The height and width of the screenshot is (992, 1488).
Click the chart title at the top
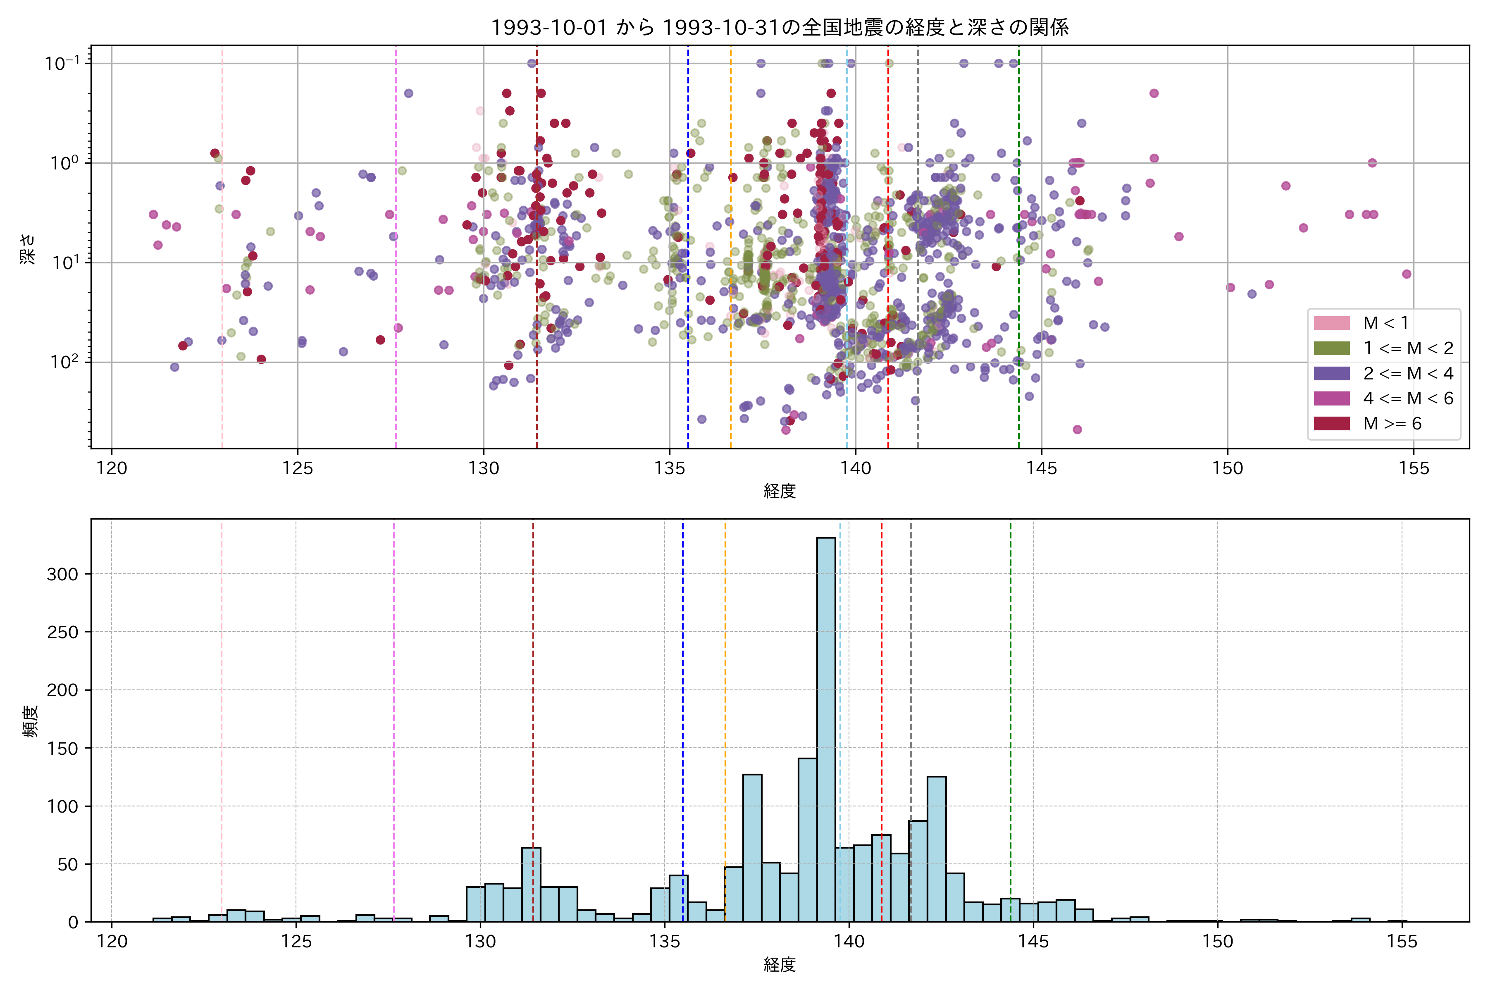click(x=780, y=27)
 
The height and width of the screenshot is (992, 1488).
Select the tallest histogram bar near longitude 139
click(x=825, y=727)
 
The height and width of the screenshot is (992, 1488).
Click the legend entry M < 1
click(x=1385, y=323)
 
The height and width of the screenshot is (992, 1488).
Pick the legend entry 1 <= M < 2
click(x=1408, y=348)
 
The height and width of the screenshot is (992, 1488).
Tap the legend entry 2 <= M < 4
click(x=1408, y=373)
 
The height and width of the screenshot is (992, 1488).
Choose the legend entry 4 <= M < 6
click(x=1408, y=398)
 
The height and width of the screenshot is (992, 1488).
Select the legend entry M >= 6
click(x=1392, y=423)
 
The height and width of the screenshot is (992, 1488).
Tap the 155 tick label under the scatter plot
click(x=1413, y=469)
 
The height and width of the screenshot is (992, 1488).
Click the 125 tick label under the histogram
click(x=296, y=942)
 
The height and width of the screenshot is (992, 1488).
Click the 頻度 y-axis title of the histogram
click(x=30, y=721)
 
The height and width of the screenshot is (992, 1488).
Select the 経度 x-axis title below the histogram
click(x=780, y=965)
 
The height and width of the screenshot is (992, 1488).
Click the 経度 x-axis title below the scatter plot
click(x=780, y=491)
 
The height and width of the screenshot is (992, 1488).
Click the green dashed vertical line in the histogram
click(x=1010, y=696)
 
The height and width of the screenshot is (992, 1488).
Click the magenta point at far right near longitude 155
click(x=1407, y=274)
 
